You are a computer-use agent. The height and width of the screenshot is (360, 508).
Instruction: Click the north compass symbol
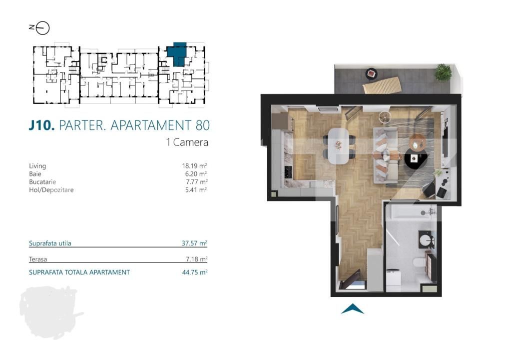pos(42,28)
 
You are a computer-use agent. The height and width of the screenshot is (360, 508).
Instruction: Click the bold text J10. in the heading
pos(41,125)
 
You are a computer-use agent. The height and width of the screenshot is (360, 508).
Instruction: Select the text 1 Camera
pos(187,142)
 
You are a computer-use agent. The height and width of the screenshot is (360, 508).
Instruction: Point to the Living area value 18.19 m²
pos(194,165)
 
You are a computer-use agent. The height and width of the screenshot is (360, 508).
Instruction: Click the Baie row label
pos(34,173)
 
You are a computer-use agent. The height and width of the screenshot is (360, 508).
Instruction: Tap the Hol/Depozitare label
pos(51,189)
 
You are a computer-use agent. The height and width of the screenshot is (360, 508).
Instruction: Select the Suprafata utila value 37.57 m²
pos(194,243)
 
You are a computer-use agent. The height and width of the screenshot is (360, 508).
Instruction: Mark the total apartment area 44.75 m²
pos(194,272)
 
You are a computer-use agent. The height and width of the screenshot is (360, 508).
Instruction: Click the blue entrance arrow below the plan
pos(352,309)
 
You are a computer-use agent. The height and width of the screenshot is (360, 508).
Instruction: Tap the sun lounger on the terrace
pos(382,86)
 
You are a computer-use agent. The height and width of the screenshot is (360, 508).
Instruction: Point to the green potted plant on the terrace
pos(442,72)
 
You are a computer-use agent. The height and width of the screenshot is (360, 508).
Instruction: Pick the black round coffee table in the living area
pos(415,160)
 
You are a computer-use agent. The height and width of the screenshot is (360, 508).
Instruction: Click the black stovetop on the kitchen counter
pos(289,173)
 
